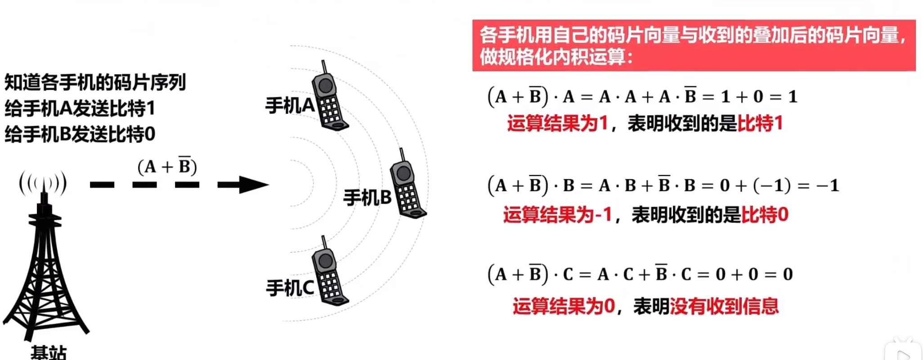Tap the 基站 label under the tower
coord(49,352)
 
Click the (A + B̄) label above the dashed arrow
coord(167,166)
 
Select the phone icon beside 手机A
coord(329,97)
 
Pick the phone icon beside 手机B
coord(407,184)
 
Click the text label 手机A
coord(290,106)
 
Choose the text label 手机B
coord(367,197)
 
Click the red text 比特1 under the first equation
coord(760,123)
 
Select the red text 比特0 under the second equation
coord(765,215)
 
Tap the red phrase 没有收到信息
coord(724,306)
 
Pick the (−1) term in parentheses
coord(772,185)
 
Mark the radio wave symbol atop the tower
coord(43,183)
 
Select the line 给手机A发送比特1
coord(80,108)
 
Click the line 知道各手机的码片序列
coord(95,82)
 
